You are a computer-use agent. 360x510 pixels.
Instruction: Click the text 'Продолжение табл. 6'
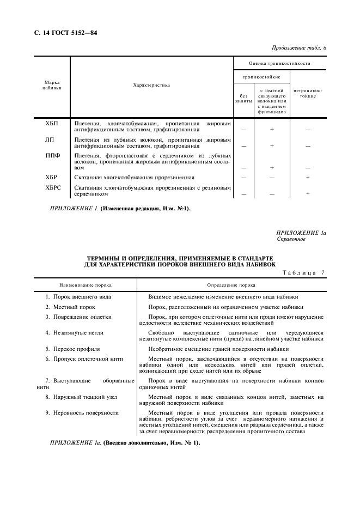(298, 48)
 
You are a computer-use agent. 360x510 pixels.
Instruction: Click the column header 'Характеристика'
(151, 85)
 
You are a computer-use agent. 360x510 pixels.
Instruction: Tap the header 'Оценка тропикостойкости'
(279, 64)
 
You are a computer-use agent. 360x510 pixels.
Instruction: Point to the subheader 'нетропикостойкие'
(308, 93)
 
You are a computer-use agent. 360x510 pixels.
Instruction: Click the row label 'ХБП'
(52, 124)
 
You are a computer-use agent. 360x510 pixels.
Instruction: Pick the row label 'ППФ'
(52, 155)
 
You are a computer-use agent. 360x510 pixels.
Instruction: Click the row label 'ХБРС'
(53, 187)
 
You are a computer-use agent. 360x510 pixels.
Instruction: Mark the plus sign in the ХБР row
(308, 178)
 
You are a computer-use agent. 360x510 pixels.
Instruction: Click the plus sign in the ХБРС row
(308, 193)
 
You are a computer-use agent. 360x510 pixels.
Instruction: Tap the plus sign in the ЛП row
(272, 146)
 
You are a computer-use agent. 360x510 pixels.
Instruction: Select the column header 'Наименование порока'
(85, 285)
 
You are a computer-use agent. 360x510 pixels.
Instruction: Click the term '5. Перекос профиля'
(72, 348)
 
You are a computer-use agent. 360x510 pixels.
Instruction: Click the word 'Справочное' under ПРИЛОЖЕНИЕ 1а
(291, 239)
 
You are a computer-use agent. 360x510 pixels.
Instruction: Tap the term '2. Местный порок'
(70, 307)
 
